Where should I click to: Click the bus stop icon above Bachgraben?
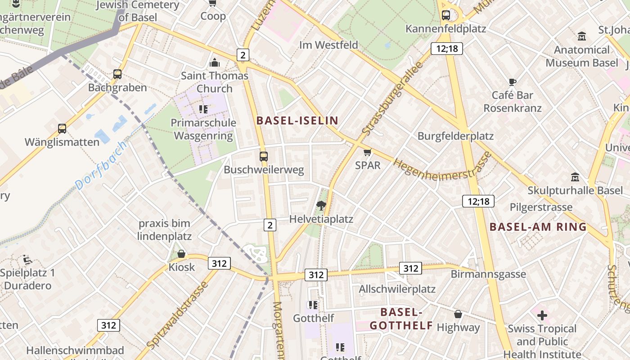click(x=117, y=74)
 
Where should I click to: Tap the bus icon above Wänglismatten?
click(x=62, y=129)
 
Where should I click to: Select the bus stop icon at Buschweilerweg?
click(x=264, y=157)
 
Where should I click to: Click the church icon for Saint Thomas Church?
click(x=215, y=62)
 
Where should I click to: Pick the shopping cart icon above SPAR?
click(x=368, y=152)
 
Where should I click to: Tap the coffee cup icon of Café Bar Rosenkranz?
click(x=512, y=82)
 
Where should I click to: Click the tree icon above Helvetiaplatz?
click(x=321, y=206)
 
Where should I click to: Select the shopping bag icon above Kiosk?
click(x=181, y=254)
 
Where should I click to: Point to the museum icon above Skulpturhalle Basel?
click(x=575, y=177)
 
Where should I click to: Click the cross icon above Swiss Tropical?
click(x=542, y=315)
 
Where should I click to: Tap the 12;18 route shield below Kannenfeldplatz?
click(x=447, y=49)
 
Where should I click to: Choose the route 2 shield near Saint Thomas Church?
click(x=243, y=55)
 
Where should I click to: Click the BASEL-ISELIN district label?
click(x=297, y=121)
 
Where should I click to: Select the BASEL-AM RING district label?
click(x=538, y=227)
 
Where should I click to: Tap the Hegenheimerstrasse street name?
click(x=442, y=166)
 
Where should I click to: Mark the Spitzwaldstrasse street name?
click(x=178, y=315)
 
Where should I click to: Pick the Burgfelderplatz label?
click(x=455, y=136)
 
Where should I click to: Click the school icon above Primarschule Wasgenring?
click(x=203, y=109)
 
